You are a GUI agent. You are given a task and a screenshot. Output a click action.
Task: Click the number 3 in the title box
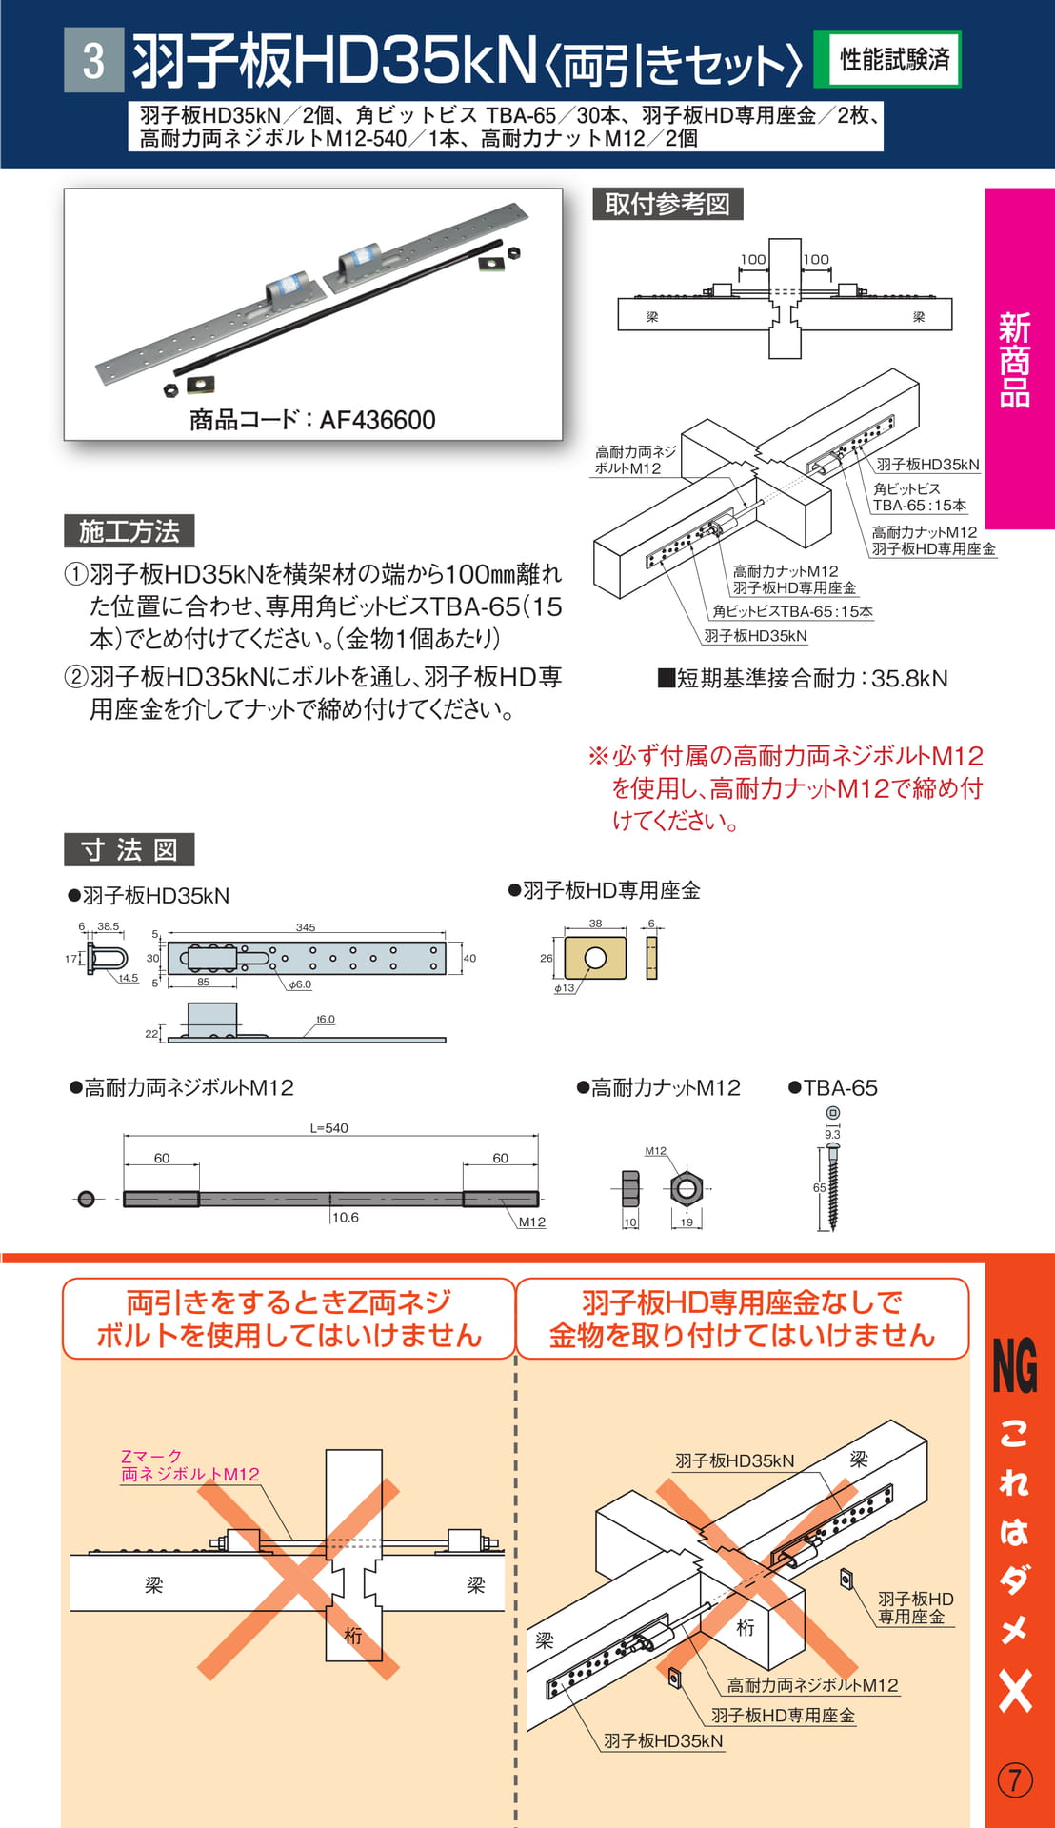coord(93,60)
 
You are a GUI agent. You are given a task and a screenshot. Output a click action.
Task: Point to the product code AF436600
coord(378,420)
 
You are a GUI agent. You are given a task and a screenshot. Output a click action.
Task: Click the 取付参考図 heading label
coord(667,204)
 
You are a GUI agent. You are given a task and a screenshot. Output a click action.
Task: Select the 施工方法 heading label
coord(129,531)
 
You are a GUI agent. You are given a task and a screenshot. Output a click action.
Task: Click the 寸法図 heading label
coord(129,849)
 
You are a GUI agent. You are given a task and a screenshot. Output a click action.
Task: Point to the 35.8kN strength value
coord(909,679)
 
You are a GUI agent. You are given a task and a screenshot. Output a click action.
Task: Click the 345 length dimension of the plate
coord(306,927)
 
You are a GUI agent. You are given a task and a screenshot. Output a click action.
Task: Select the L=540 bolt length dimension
coord(328,1128)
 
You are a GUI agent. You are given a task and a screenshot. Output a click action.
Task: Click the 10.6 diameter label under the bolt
coord(345,1217)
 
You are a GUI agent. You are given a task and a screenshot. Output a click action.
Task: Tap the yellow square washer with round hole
coord(596,958)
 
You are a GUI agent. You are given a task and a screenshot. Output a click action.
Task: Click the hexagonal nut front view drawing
coord(687,1188)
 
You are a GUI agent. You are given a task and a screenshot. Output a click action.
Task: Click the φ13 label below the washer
coord(565,988)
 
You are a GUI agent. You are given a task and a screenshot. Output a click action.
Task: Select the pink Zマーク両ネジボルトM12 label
coord(189,1465)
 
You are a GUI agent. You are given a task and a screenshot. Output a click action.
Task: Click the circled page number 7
coord(1015,1779)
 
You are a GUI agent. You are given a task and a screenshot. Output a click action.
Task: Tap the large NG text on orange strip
coord(1015,1365)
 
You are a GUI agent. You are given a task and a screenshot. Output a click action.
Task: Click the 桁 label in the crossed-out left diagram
coord(353,1636)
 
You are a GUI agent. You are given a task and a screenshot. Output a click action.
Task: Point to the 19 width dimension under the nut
coord(687,1222)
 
